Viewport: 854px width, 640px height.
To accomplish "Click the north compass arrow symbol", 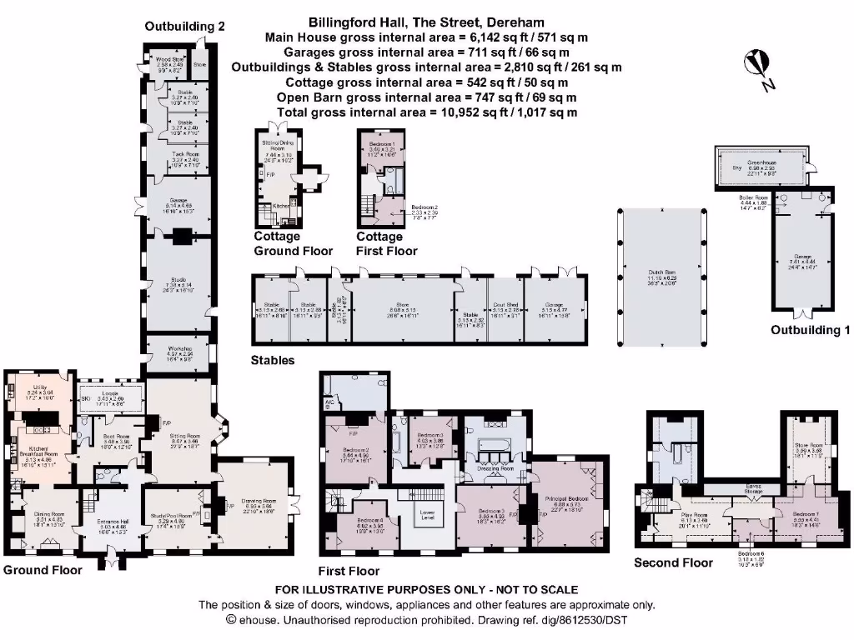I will tap(758, 69).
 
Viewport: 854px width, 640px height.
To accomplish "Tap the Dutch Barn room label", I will tap(661, 272).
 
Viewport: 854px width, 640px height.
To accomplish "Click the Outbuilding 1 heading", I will tap(810, 329).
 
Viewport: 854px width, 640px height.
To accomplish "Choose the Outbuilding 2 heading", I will tap(184, 26).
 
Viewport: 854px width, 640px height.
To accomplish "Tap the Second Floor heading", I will tap(673, 562).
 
